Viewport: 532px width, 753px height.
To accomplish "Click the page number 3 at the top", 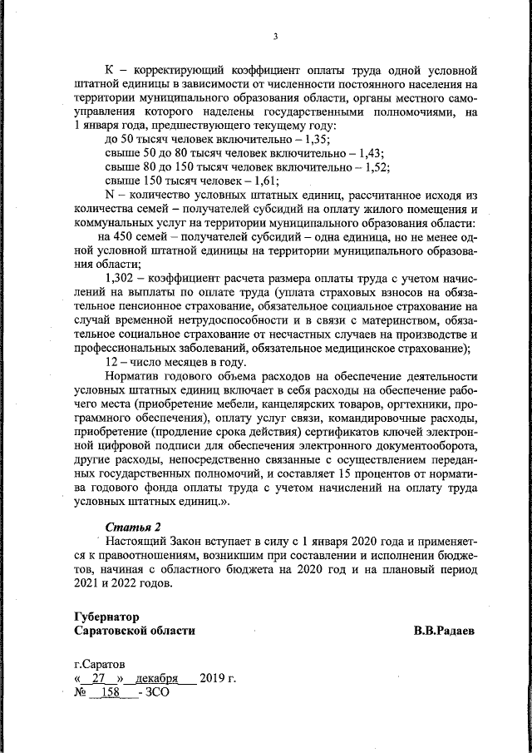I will tap(273, 35).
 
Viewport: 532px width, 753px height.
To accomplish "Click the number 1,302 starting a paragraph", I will tap(123, 276).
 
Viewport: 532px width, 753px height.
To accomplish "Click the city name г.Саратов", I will tap(101, 666).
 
